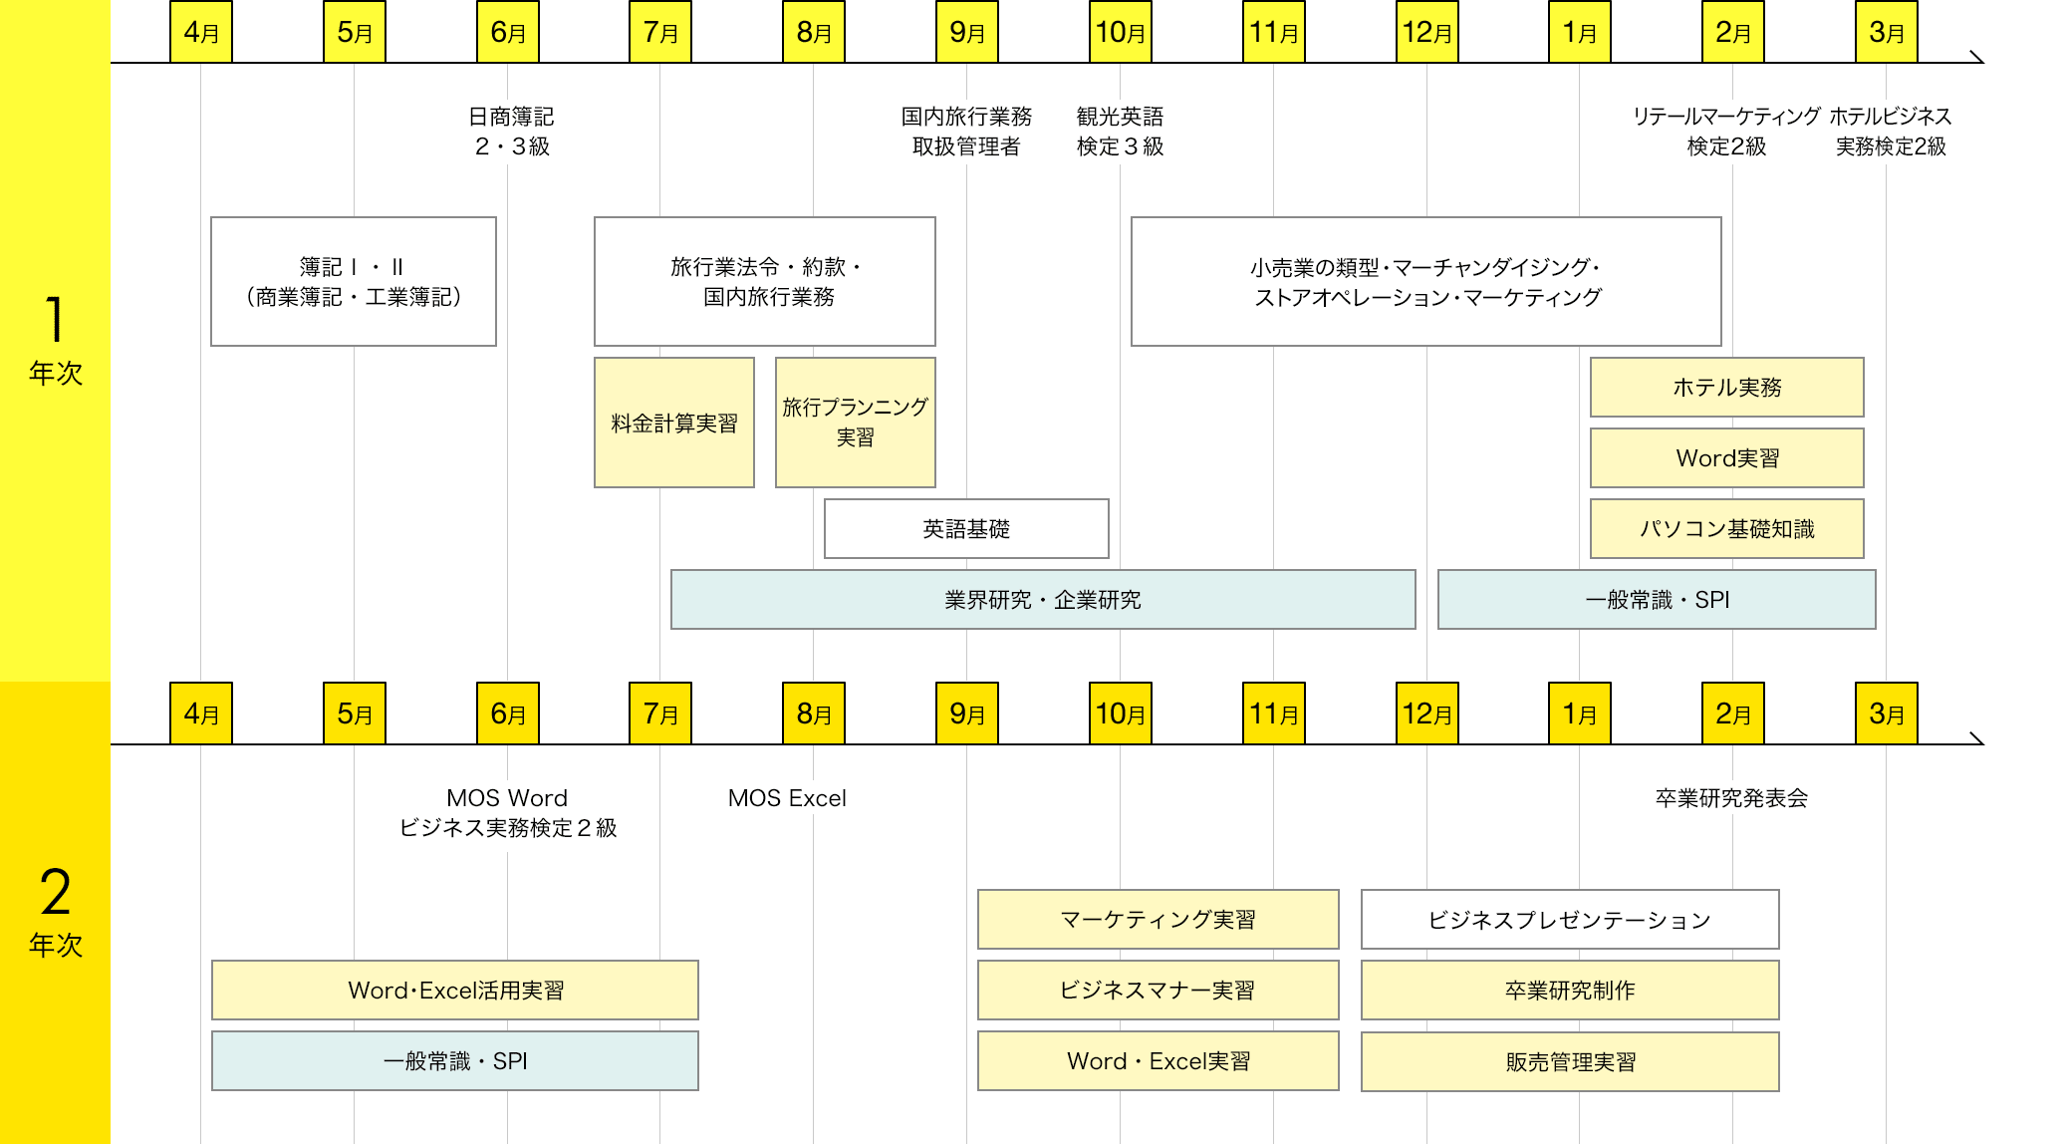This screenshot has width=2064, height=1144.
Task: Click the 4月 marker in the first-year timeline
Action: pyautogui.click(x=201, y=32)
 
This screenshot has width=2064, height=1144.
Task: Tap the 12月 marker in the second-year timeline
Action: pyautogui.click(x=1426, y=714)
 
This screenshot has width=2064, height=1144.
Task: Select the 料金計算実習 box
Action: pyautogui.click(x=674, y=423)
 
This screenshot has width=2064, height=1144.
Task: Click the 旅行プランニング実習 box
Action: pyautogui.click(x=855, y=423)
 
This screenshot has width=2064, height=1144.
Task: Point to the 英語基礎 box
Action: pyautogui.click(x=966, y=528)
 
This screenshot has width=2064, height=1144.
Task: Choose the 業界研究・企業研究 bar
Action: pyautogui.click(x=1043, y=599)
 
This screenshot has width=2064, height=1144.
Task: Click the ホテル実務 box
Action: pyautogui.click(x=1726, y=387)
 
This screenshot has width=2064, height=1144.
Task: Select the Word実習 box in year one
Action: pyautogui.click(x=1726, y=457)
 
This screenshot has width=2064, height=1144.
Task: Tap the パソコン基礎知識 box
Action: pyautogui.click(x=1726, y=528)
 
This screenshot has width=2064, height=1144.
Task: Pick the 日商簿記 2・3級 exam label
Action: pyautogui.click(x=511, y=132)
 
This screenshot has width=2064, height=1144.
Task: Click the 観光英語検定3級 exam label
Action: pyautogui.click(x=1120, y=132)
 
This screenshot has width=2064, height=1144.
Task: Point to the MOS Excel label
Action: pyautogui.click(x=787, y=798)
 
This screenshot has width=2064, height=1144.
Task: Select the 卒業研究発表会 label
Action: pyautogui.click(x=1731, y=798)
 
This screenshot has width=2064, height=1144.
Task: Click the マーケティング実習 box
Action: pyautogui.click(x=1158, y=919)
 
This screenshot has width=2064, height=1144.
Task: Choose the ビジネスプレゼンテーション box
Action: pyautogui.click(x=1570, y=919)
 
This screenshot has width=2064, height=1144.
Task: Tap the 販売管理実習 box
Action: pyautogui.click(x=1570, y=1061)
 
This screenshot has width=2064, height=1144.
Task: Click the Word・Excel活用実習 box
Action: pyautogui.click(x=455, y=990)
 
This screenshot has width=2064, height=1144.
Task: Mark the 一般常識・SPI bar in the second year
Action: pyautogui.click(x=455, y=1060)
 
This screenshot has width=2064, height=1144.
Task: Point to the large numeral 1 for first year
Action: pyautogui.click(x=55, y=319)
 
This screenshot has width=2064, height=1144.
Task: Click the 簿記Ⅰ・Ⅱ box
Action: pyautogui.click(x=354, y=281)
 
